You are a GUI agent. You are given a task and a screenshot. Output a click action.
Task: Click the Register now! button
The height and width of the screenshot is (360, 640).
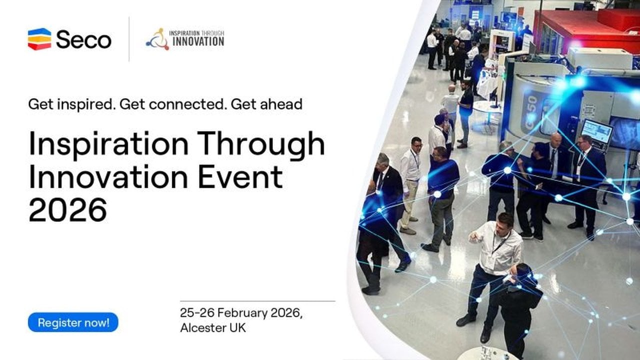73,322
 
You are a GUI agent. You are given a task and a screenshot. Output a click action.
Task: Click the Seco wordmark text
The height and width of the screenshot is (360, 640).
83,39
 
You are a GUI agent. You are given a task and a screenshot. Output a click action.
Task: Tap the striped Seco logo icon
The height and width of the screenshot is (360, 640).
39,39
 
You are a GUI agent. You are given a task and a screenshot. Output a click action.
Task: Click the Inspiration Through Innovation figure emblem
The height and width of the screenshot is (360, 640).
157,39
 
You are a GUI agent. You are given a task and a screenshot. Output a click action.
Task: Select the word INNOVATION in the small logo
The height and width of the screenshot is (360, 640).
198,41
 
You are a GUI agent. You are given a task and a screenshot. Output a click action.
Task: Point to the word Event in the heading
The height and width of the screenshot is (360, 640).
240,177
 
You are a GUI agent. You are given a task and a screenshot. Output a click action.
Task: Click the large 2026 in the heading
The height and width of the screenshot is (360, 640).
67,209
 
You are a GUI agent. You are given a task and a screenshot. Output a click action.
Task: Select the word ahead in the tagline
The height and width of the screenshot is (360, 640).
281,104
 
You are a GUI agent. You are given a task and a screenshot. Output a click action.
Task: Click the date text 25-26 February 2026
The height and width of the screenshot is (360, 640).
241,313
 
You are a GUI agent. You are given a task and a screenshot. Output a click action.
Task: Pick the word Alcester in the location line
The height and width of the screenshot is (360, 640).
203,327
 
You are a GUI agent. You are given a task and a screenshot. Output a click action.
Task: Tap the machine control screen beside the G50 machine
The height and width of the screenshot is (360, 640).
596,131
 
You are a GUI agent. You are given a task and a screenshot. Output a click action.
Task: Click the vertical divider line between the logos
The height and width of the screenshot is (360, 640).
129,39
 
